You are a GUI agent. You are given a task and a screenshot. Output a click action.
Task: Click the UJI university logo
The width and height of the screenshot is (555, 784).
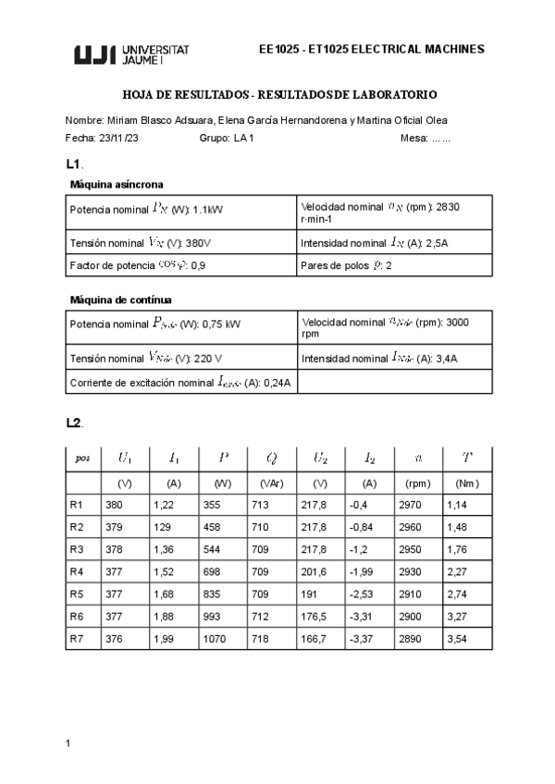[130, 55]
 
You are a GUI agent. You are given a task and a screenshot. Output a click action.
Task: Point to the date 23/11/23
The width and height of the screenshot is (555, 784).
[119, 138]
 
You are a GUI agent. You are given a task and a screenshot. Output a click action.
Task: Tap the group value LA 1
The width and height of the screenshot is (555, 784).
[244, 138]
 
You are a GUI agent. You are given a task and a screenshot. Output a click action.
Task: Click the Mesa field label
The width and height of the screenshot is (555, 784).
[413, 138]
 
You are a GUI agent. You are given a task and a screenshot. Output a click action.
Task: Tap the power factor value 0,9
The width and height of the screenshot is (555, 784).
[198, 266]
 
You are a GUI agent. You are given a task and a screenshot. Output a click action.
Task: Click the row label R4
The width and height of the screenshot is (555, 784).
[77, 571]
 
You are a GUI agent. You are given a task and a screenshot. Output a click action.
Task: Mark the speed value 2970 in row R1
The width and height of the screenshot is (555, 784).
[409, 505]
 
